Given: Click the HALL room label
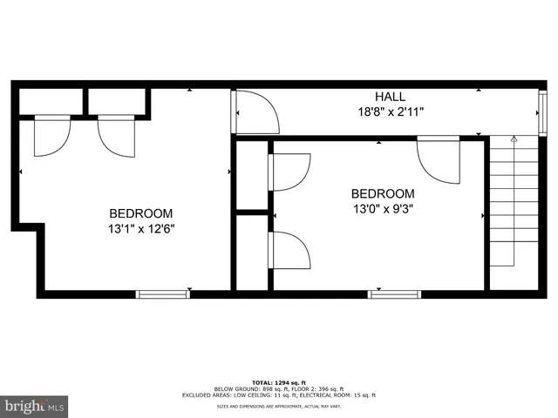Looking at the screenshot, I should pyautogui.click(x=391, y=97).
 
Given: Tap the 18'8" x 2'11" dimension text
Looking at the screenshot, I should pyautogui.click(x=391, y=112).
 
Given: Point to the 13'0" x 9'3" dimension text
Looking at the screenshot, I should pyautogui.click(x=383, y=209).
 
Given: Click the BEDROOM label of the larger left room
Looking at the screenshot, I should pyautogui.click(x=140, y=213).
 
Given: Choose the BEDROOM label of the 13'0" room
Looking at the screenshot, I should pyautogui.click(x=383, y=193).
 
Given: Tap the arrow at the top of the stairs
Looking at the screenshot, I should pyautogui.click(x=514, y=139).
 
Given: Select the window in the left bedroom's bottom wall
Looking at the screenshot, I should pyautogui.click(x=163, y=294).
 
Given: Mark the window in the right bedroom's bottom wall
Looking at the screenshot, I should pyautogui.click(x=394, y=294).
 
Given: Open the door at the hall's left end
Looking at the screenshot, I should pyautogui.click(x=255, y=111).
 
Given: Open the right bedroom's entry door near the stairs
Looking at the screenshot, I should pyautogui.click(x=439, y=158).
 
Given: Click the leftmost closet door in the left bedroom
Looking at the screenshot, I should pyautogui.click(x=51, y=136).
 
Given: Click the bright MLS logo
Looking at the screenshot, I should pyautogui.click(x=35, y=405).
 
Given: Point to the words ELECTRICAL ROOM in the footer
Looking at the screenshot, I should pyautogui.click(x=330, y=395).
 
